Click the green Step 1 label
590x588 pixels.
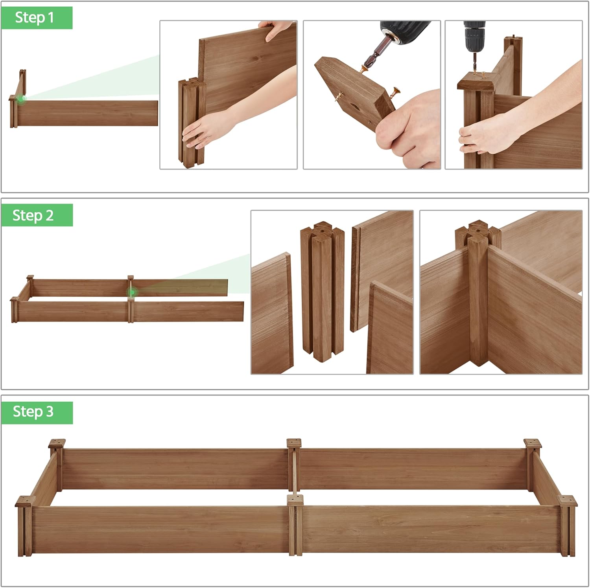tap(36, 18)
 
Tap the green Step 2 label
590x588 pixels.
tap(36, 215)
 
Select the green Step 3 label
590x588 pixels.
tap(36, 412)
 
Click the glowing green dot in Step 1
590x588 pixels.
tap(21, 99)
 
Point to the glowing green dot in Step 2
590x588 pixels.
tap(132, 292)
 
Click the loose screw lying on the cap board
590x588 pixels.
tap(395, 93)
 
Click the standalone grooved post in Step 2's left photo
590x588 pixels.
tap(323, 291)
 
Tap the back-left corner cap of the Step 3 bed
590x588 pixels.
tap(57, 443)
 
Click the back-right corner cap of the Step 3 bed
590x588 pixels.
tap(533, 443)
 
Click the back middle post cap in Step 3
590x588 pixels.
tap(294, 443)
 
